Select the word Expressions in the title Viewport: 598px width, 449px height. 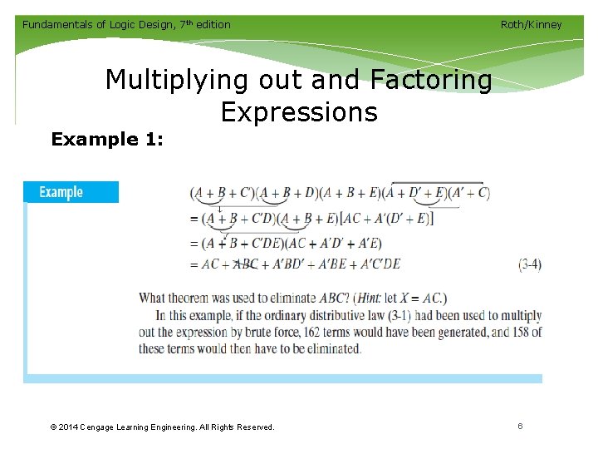[x=299, y=111]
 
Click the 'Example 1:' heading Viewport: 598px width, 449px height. [x=107, y=139]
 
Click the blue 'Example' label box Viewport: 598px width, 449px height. [x=71, y=192]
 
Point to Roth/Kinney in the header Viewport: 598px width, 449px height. [x=531, y=24]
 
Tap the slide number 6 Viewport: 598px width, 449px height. [x=520, y=426]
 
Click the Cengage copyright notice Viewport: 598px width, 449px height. [x=162, y=427]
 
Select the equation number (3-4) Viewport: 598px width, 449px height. [x=530, y=264]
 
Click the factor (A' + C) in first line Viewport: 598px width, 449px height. [x=469, y=193]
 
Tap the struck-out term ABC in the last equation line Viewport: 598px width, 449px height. [x=247, y=264]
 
